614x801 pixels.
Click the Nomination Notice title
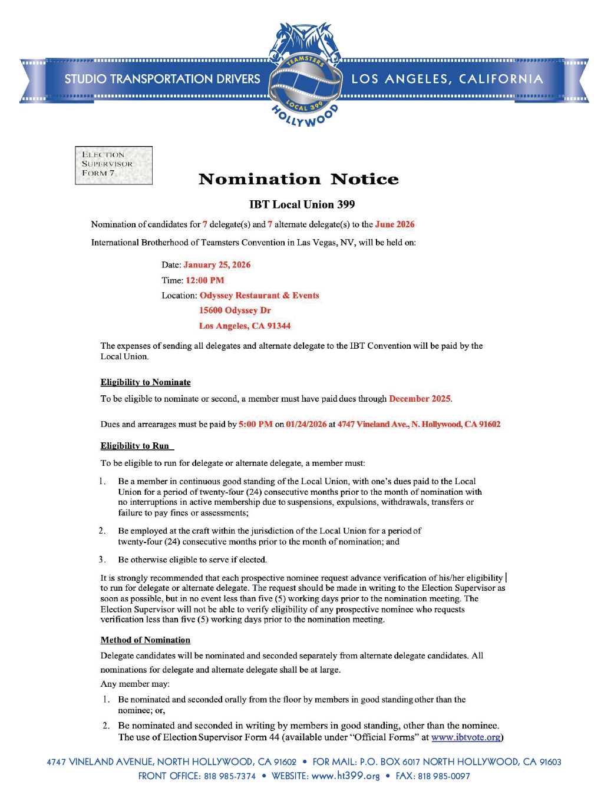click(299, 179)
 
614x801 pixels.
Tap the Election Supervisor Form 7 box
click(114, 165)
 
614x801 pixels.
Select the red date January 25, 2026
click(217, 265)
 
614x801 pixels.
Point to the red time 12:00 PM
click(204, 280)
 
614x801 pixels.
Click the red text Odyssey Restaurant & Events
click(259, 296)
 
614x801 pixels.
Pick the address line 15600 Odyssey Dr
click(235, 310)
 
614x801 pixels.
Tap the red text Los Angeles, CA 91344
click(245, 326)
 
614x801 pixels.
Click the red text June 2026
click(395, 224)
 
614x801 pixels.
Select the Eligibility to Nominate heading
click(146, 382)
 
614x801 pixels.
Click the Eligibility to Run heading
click(135, 446)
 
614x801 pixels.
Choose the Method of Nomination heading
click(146, 640)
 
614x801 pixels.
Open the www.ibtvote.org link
click(466, 737)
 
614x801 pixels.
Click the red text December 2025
click(420, 399)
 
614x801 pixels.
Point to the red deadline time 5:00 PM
click(255, 424)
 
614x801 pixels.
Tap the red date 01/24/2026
click(306, 424)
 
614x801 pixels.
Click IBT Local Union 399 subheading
click(302, 204)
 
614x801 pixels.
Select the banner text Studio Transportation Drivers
click(162, 79)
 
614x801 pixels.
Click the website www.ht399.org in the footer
click(345, 776)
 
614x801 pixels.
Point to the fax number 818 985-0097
click(444, 776)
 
